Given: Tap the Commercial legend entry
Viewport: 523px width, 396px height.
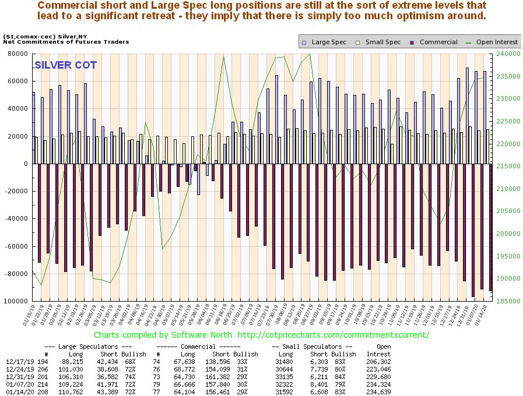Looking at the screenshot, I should [434, 42].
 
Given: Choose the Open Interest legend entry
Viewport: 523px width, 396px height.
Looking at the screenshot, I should [492, 42].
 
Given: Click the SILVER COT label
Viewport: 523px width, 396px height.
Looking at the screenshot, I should [65, 65].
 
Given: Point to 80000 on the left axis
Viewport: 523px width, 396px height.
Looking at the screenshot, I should [17, 54].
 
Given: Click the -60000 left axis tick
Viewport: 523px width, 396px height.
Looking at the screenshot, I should [16, 246].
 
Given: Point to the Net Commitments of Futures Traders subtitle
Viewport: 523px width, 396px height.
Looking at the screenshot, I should [66, 42].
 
